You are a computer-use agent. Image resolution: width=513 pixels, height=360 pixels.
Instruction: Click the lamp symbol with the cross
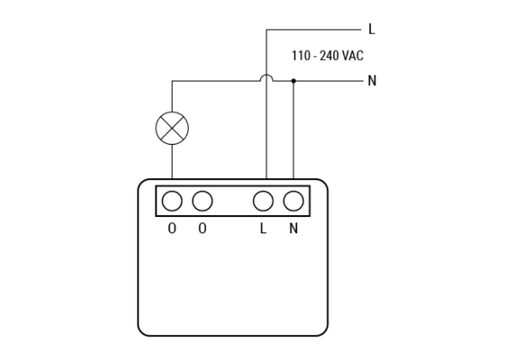(172, 129)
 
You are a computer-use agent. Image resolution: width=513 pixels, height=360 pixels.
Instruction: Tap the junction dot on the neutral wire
(293, 81)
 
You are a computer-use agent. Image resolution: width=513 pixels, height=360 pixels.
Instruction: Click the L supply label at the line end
(372, 29)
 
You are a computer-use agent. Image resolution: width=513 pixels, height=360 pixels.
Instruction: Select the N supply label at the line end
(372, 80)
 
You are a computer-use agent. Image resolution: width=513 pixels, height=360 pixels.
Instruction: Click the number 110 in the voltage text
(301, 56)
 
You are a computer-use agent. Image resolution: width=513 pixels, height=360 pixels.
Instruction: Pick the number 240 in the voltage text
(329, 56)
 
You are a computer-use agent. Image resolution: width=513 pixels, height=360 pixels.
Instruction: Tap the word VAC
(353, 56)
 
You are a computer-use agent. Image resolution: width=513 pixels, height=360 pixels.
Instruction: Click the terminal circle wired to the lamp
(172, 201)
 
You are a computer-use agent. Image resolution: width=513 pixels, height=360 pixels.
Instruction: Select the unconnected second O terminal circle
(202, 201)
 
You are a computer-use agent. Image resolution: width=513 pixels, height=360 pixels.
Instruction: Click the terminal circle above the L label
(263, 201)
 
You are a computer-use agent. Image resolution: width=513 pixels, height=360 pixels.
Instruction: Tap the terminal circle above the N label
(293, 201)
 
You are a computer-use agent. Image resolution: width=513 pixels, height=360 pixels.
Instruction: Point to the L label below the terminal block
(263, 229)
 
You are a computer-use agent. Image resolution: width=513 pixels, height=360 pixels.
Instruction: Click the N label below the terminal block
(293, 229)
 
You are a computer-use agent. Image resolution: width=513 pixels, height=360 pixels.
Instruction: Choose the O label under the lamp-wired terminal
(172, 229)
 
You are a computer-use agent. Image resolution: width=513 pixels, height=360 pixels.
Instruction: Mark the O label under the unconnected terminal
(202, 229)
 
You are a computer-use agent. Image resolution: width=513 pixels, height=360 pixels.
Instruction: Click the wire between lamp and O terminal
(172, 162)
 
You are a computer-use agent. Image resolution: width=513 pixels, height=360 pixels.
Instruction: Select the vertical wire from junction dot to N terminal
(293, 130)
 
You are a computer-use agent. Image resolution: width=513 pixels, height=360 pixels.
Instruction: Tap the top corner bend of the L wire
(266, 30)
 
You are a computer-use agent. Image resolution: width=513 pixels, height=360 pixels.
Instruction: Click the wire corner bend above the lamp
(172, 81)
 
